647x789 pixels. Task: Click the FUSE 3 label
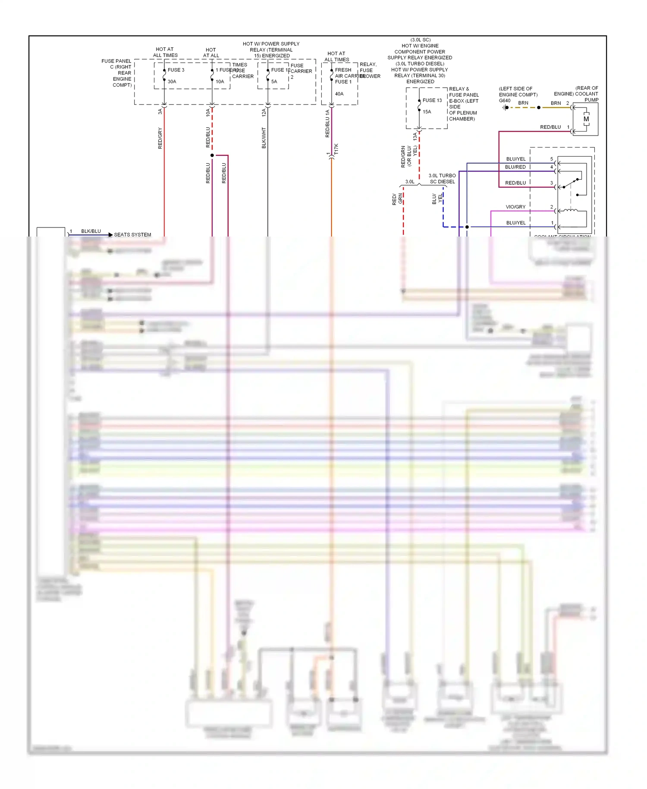point(176,70)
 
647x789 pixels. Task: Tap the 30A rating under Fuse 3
point(172,82)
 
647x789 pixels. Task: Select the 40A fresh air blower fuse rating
point(339,94)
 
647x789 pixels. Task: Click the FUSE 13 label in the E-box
point(432,100)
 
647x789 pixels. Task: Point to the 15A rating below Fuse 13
point(427,112)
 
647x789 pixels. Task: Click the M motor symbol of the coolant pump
point(586,119)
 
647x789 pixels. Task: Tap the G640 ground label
point(504,101)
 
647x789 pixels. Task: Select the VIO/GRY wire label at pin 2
point(515,207)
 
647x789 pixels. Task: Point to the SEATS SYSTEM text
point(132,235)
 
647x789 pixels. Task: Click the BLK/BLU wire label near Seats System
point(91,231)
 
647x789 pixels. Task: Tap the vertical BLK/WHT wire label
point(264,138)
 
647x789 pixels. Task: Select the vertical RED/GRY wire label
point(160,138)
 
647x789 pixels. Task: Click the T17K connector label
point(336,149)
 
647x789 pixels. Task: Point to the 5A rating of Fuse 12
point(274,82)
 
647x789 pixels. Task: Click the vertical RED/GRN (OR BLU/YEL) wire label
point(408,156)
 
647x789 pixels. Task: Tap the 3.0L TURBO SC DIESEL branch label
point(442,179)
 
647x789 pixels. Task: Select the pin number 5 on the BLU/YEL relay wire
point(551,159)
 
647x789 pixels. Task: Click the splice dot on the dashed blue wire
point(467,227)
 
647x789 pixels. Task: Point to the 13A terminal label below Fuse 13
point(415,136)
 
